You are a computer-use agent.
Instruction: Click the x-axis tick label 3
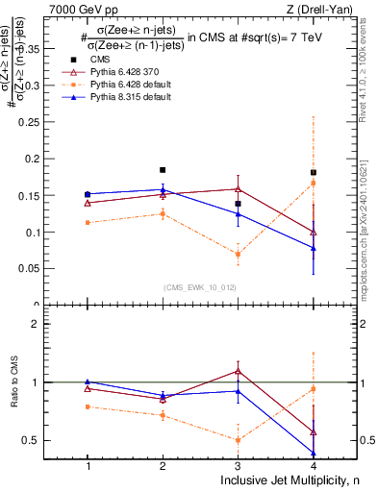click(238, 466)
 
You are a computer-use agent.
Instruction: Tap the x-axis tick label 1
click(88, 466)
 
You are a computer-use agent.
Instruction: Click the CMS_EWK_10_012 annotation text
click(200, 287)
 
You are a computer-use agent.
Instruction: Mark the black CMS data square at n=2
click(163, 170)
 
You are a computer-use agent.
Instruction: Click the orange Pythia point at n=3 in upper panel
click(238, 254)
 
